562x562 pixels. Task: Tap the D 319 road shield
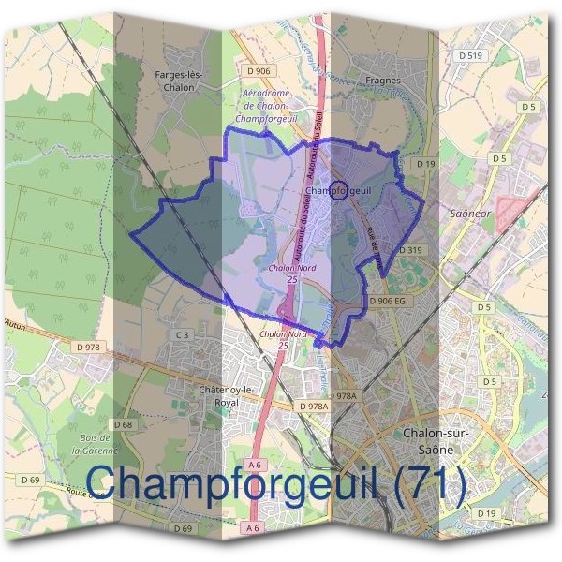click(412, 250)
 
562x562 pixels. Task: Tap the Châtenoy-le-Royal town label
click(207, 395)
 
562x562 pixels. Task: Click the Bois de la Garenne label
click(96, 444)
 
